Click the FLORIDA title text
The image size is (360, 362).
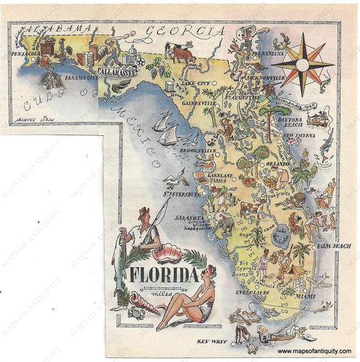[164, 276]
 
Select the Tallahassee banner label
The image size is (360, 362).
[114, 74]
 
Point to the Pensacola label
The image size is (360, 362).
[25, 53]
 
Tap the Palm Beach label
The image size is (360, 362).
[335, 246]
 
